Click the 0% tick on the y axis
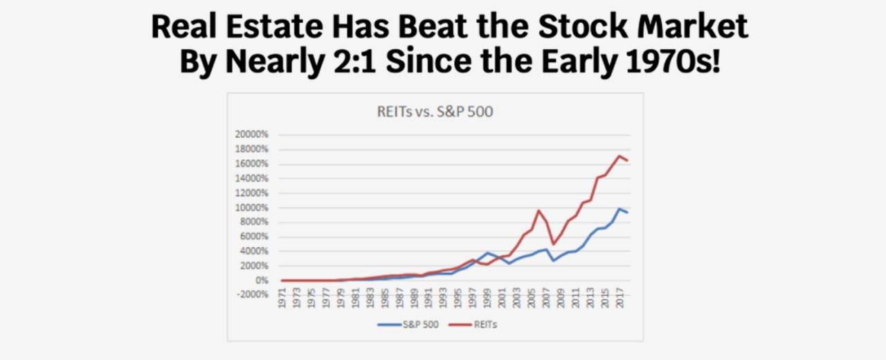(262, 280)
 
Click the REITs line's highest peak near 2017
(619, 156)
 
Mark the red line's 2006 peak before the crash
(538, 210)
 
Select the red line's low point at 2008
(553, 244)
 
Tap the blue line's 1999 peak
(487, 253)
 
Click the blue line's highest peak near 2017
(619, 208)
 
